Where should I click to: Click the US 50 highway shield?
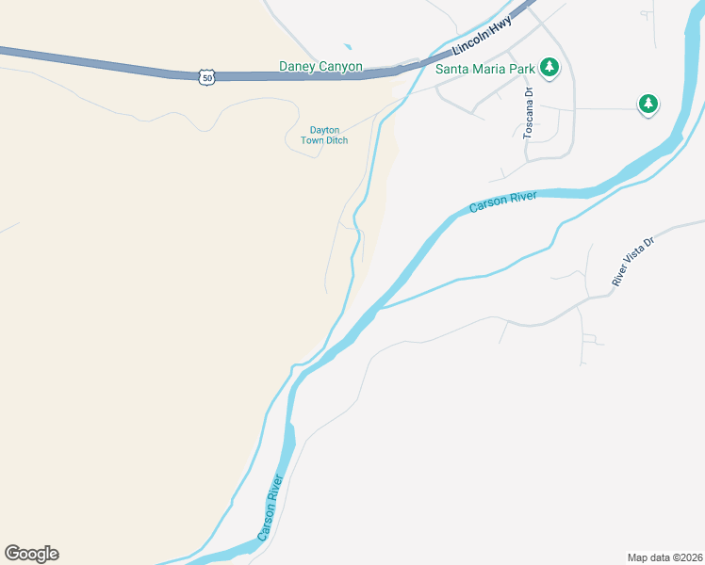tap(206, 77)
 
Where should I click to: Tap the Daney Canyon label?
tap(320, 67)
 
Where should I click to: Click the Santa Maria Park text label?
tap(484, 68)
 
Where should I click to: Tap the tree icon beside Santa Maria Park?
tap(549, 68)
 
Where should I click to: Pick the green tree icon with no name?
tap(648, 104)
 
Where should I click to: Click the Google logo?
tap(31, 554)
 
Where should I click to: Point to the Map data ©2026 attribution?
tap(664, 557)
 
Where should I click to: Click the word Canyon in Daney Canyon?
tap(341, 67)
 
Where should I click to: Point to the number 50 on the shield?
tap(206, 78)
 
